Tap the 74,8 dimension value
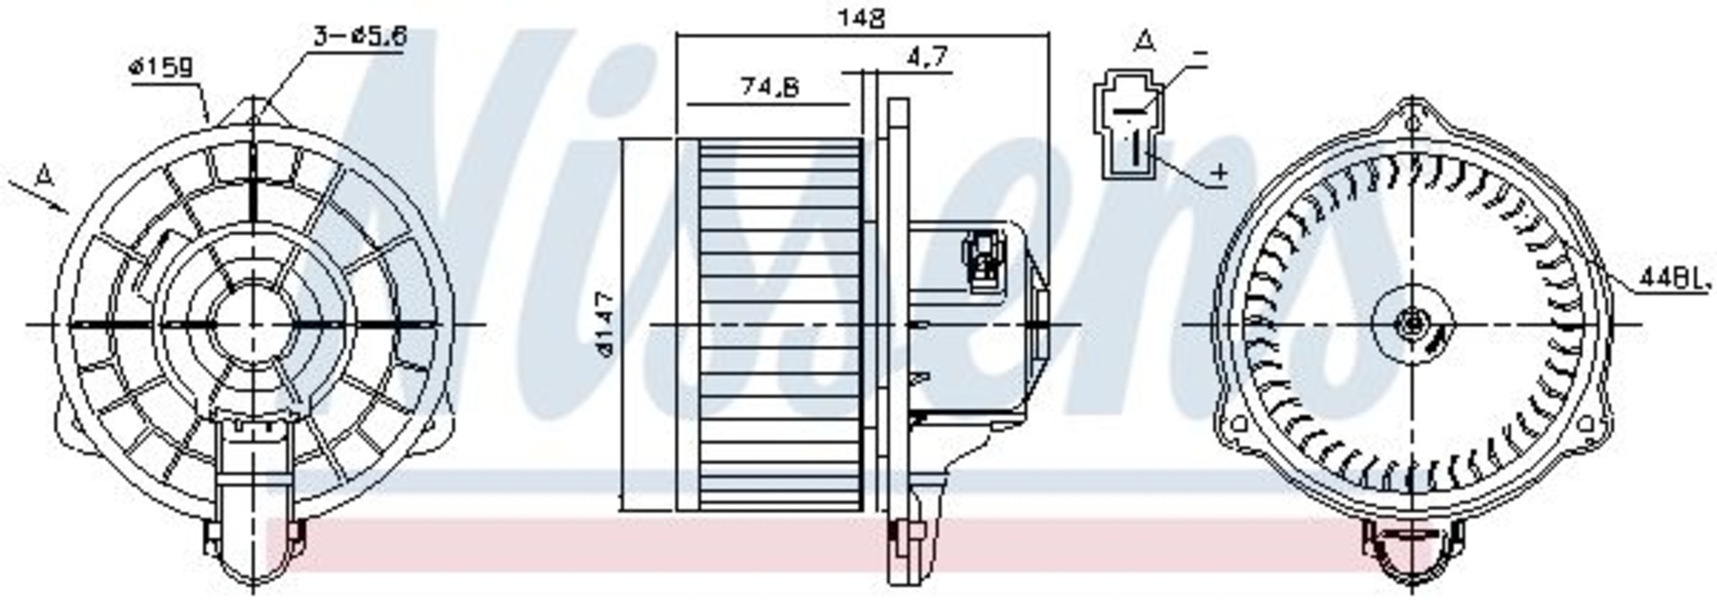769,87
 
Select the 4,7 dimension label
926,58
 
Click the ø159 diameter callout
161,67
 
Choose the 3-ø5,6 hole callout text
360,36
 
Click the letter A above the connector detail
1144,40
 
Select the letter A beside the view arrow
46,176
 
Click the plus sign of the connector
1219,174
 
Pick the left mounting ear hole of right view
1239,423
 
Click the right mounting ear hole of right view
1586,423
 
